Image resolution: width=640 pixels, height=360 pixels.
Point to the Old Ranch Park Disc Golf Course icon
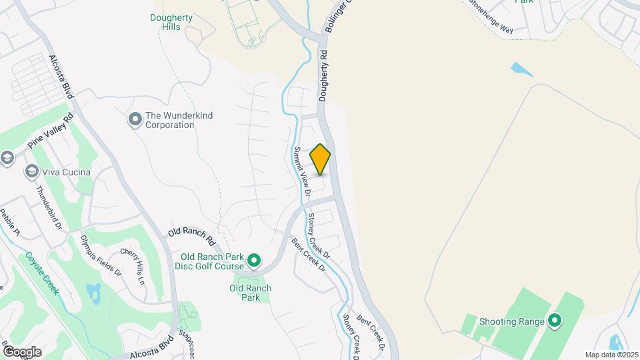tap(253, 259)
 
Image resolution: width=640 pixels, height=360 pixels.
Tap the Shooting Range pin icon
tap(554, 322)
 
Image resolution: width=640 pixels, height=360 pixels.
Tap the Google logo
tap(22, 351)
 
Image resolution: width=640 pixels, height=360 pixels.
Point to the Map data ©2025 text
tap(611, 355)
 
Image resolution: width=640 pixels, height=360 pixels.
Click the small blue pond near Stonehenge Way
tap(517, 68)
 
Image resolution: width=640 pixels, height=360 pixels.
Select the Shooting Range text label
tap(507, 322)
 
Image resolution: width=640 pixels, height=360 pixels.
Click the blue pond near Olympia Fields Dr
tap(93, 291)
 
